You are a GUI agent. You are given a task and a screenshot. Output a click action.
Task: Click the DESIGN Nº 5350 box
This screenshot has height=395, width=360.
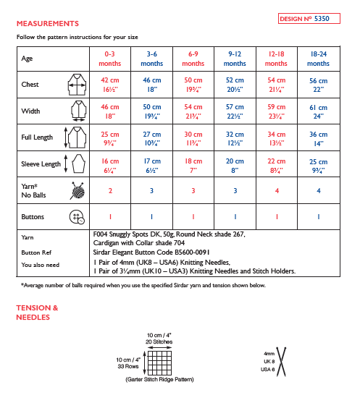[309, 18]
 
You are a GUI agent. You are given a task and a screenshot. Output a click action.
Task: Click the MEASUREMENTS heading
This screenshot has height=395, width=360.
[47, 23]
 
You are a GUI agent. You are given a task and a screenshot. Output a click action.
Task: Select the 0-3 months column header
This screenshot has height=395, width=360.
[110, 59]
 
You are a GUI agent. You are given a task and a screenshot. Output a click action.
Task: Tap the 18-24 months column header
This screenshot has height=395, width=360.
[318, 59]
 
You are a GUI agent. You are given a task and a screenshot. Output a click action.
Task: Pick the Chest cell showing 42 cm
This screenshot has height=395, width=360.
[110, 85]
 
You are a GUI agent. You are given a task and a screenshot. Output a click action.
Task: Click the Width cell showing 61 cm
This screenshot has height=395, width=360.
[318, 110]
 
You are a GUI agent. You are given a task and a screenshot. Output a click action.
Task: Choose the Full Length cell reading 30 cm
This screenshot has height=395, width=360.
[193, 137]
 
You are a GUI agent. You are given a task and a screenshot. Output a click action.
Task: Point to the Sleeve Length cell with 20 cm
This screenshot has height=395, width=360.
[235, 165]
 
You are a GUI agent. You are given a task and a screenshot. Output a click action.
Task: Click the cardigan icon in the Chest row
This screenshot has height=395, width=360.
[76, 85]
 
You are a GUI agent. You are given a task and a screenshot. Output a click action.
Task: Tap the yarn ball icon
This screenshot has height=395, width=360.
[76, 191]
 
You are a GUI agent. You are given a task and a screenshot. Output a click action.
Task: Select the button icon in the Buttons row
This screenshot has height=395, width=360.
[75, 216]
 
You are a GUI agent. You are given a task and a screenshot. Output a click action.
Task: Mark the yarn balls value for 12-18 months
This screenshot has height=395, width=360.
[277, 191]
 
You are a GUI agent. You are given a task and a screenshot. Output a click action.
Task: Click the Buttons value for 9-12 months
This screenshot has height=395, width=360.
[235, 216]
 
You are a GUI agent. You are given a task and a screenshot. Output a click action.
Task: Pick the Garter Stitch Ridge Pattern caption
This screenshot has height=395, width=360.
[159, 380]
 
